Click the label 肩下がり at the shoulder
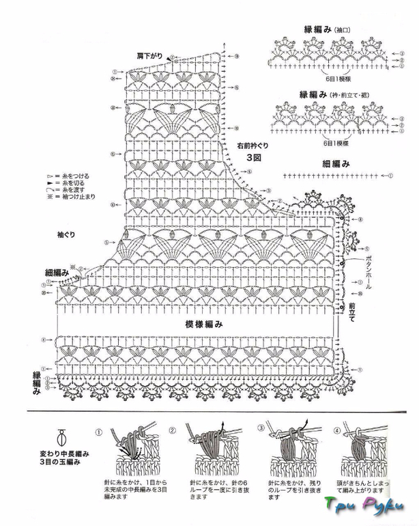pos(149,53)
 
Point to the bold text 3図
pos(255,156)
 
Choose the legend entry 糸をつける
pos(72,176)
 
